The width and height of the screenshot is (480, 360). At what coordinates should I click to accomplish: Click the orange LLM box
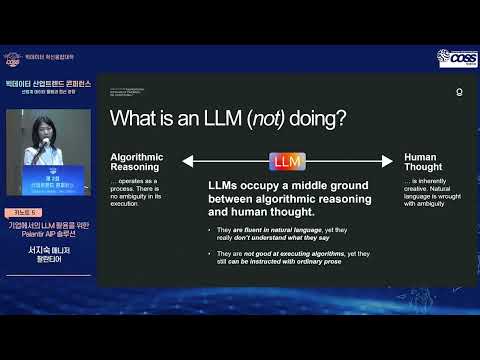pos(287,161)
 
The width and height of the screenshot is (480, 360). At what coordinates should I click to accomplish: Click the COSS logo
pos(458,59)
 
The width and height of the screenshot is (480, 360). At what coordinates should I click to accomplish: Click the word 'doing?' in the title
pos(318,120)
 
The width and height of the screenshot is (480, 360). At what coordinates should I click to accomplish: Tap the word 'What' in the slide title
pos(135,120)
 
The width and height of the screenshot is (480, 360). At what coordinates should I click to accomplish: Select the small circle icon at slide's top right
pos(459,90)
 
